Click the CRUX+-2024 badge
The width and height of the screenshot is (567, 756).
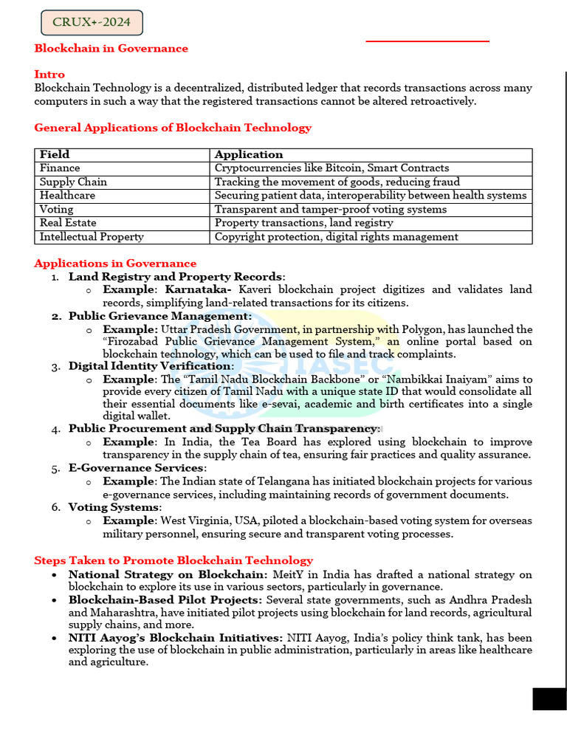pos(92,22)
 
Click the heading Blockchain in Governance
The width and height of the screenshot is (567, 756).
pos(111,49)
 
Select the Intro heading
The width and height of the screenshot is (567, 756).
pos(49,75)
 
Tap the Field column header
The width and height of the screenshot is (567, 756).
pos(55,155)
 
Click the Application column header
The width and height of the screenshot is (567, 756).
pos(249,155)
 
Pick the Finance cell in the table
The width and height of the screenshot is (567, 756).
pos(60,168)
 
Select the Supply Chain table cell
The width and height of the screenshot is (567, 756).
pos(73,182)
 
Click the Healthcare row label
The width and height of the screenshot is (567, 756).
pos(67,196)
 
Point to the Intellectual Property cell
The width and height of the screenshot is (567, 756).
pos(92,237)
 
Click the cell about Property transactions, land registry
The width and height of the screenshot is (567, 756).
pos(303,223)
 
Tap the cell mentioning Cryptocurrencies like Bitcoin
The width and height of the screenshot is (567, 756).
pos(331,168)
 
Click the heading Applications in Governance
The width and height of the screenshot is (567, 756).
pos(115,264)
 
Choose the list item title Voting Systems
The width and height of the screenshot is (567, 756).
pos(114,507)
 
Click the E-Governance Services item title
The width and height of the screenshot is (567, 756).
pos(136,468)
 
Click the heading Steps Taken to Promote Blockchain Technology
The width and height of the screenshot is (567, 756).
pos(173,560)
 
